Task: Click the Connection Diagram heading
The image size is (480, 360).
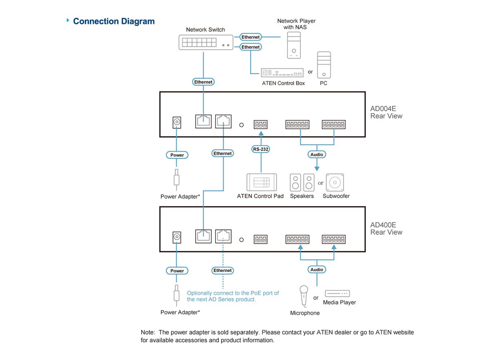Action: pos(114,21)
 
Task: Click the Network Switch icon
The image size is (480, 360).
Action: pos(205,42)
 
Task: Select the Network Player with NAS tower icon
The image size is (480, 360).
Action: pos(294,45)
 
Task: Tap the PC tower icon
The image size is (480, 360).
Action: pos(324,65)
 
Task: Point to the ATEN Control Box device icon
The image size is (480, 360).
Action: pos(282,72)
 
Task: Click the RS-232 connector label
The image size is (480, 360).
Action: pos(260,149)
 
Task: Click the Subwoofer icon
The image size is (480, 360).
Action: pos(335,182)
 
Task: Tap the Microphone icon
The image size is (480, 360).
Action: pos(304,295)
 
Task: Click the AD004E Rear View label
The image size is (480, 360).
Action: pos(386,112)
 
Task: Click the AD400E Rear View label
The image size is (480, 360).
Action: pos(386,228)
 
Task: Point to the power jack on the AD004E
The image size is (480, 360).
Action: pos(176,122)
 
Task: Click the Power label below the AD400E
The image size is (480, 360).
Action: pos(177,271)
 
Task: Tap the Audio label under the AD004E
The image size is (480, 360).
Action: pos(317,154)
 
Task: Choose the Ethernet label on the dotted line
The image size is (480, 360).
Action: pos(222,270)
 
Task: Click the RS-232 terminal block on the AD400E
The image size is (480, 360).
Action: pos(260,240)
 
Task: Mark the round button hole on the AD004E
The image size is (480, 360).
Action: pos(241,125)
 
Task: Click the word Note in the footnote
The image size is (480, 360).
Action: pos(148,332)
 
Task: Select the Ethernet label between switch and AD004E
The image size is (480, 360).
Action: pos(203,82)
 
